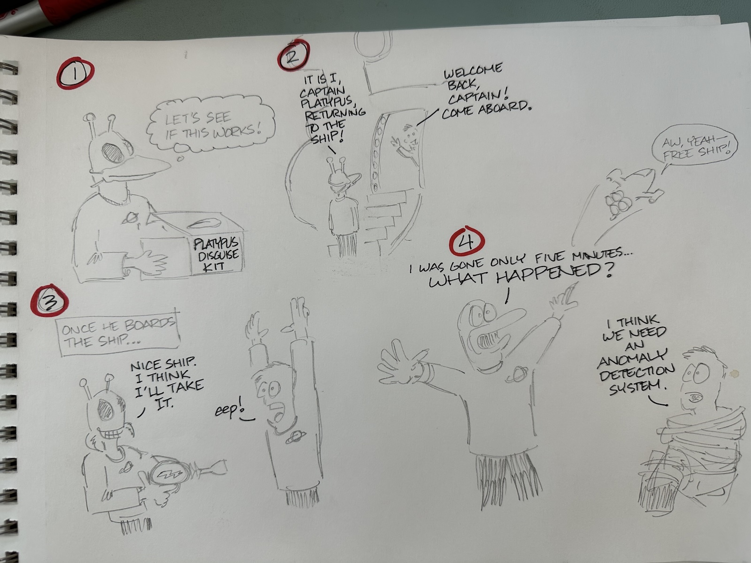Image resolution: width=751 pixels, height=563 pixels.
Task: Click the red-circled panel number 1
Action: [75, 73]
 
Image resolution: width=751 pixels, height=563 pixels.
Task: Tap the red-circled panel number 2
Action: [293, 56]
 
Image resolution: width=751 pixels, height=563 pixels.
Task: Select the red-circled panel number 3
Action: [49, 301]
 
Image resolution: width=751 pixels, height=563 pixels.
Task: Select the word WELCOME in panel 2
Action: [473, 71]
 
